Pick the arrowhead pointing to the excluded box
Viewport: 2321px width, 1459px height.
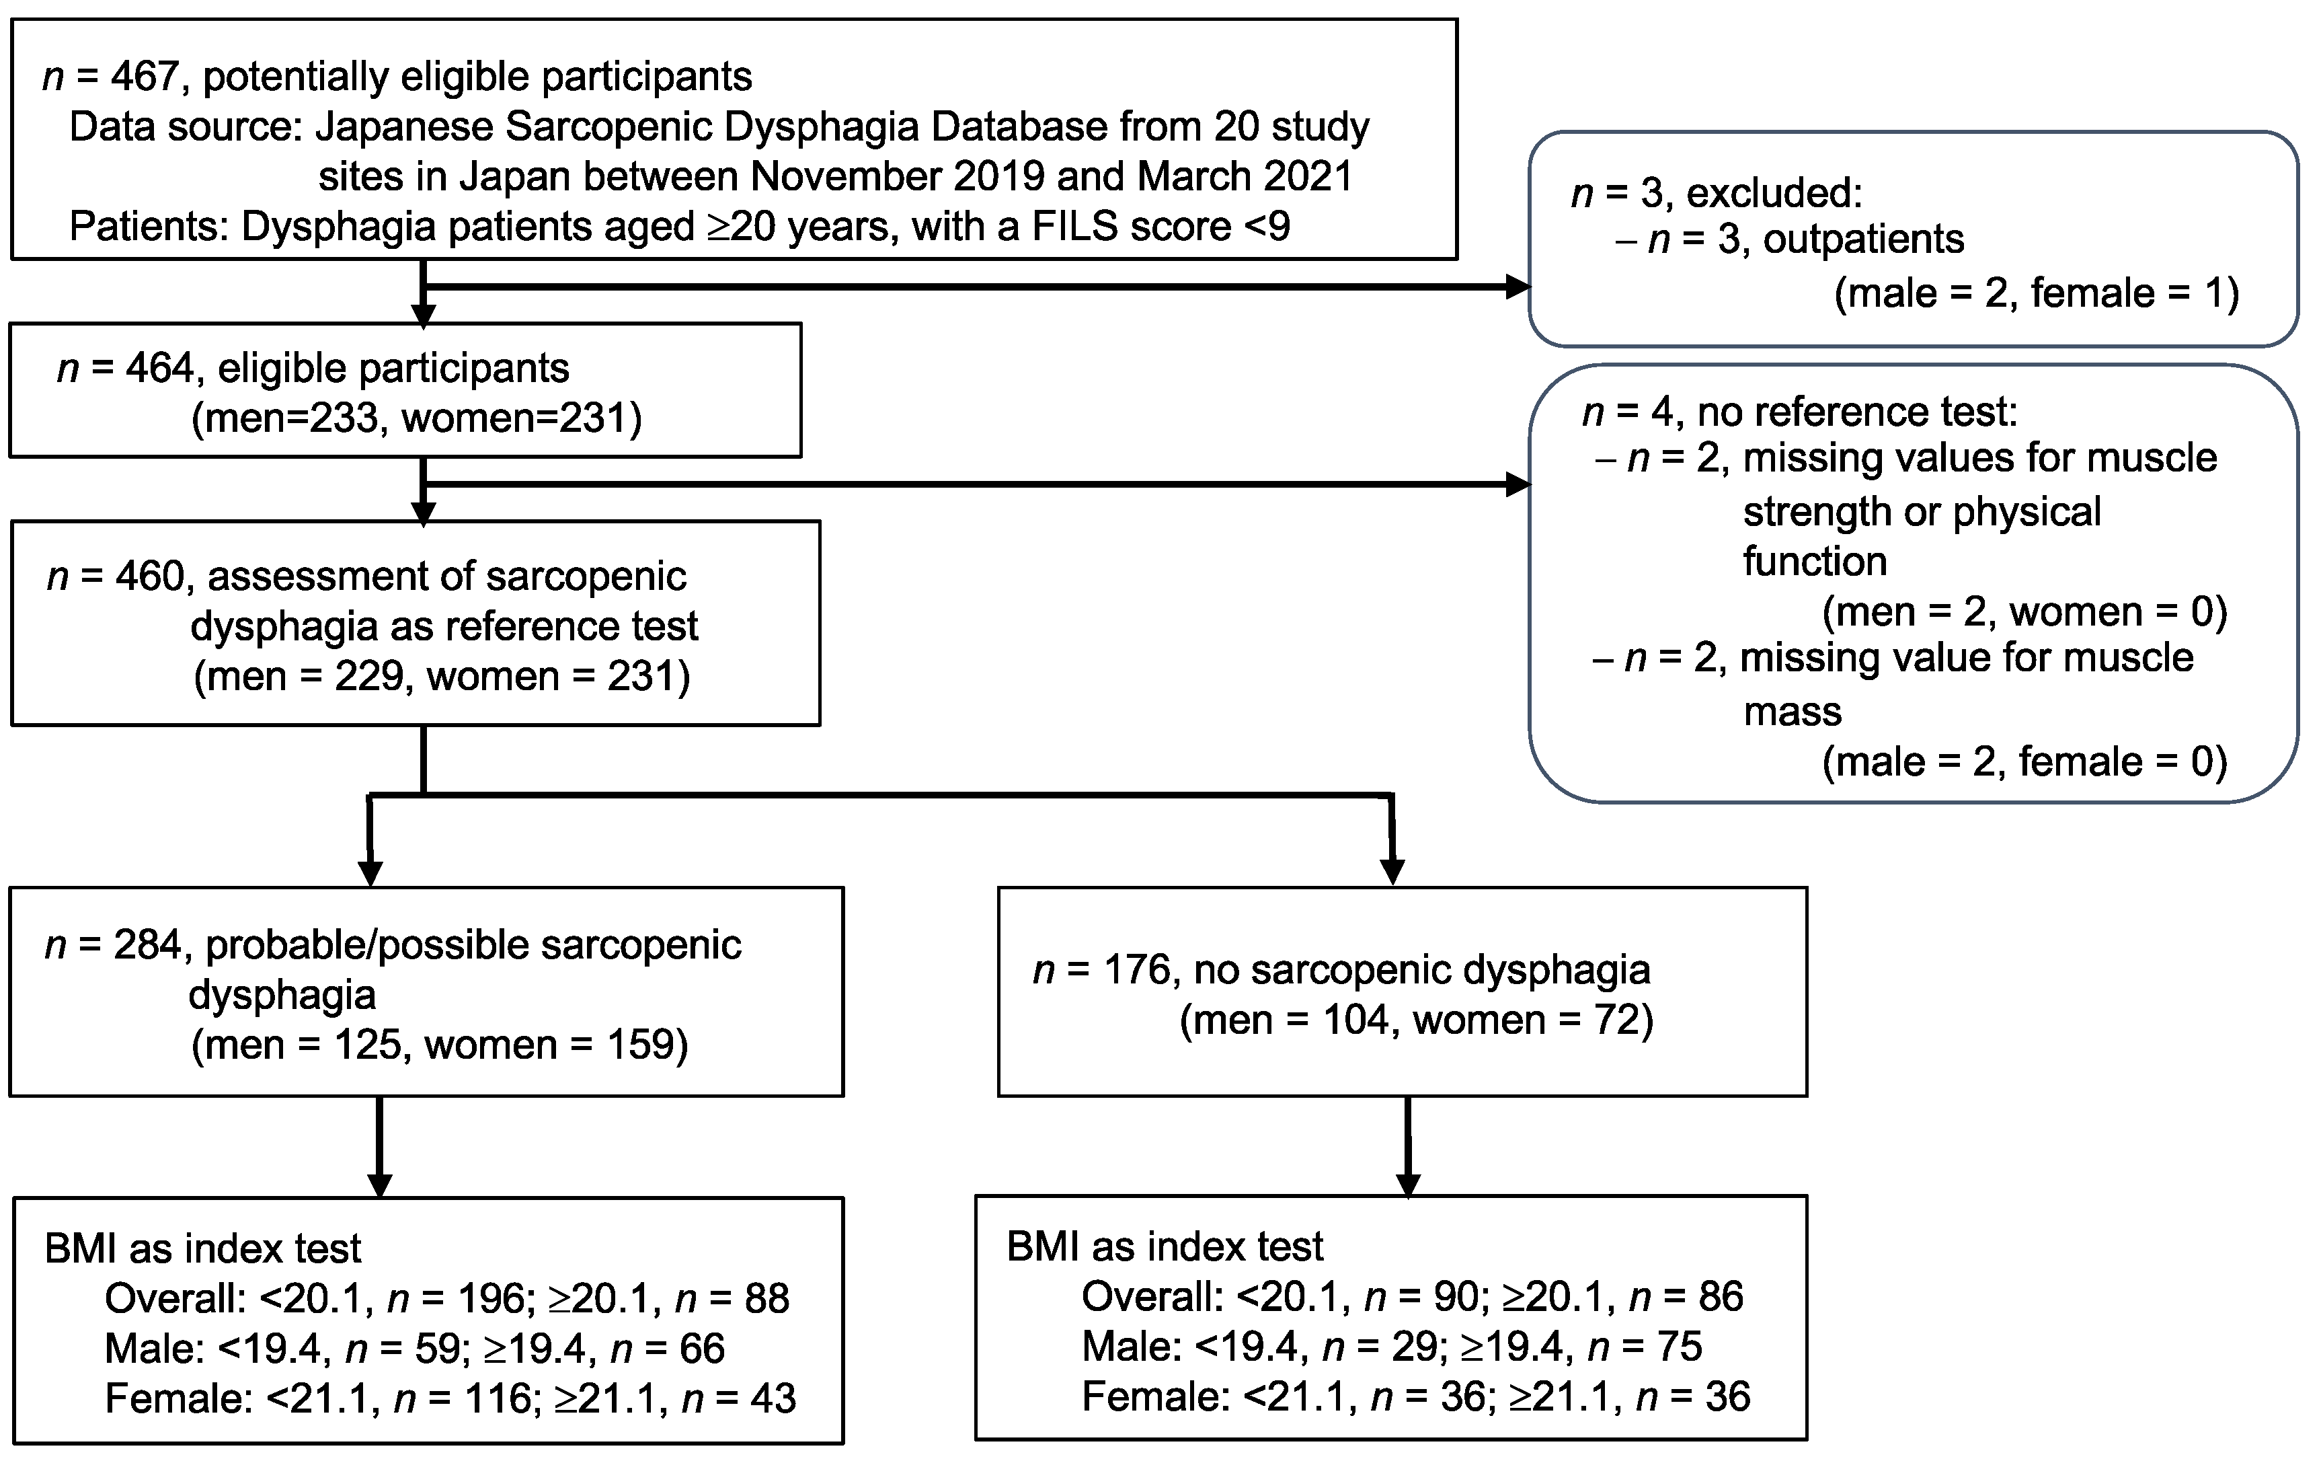(x=1517, y=287)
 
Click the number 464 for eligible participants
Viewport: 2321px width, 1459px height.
(x=159, y=369)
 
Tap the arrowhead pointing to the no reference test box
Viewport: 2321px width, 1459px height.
(x=1517, y=484)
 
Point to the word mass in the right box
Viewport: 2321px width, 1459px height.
(x=1792, y=712)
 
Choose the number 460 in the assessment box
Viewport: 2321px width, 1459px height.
(x=149, y=576)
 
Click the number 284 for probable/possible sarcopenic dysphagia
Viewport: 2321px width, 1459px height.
(x=147, y=946)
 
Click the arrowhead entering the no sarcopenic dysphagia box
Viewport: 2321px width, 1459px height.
(x=1392, y=871)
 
